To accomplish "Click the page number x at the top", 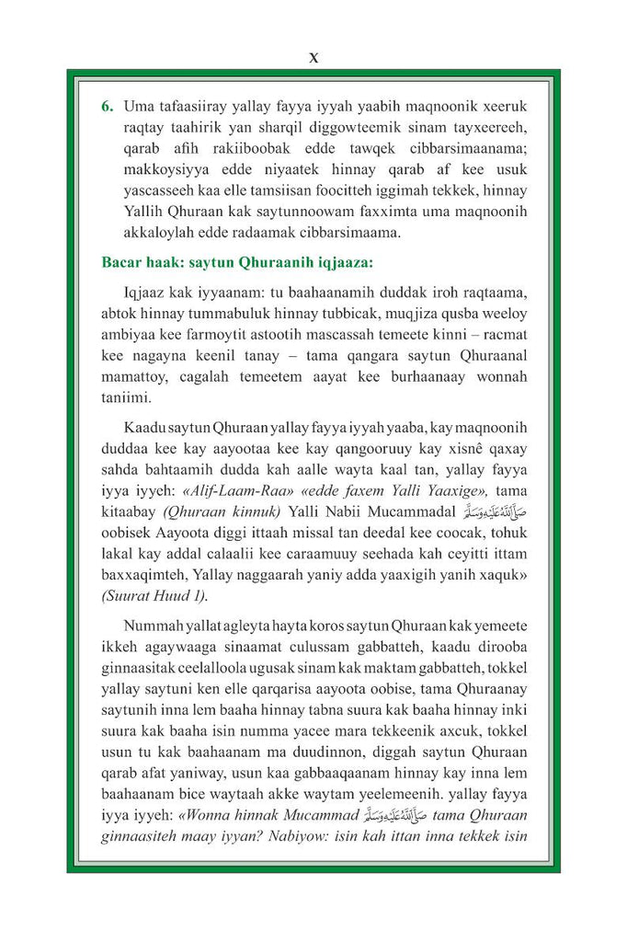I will pos(313,57).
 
